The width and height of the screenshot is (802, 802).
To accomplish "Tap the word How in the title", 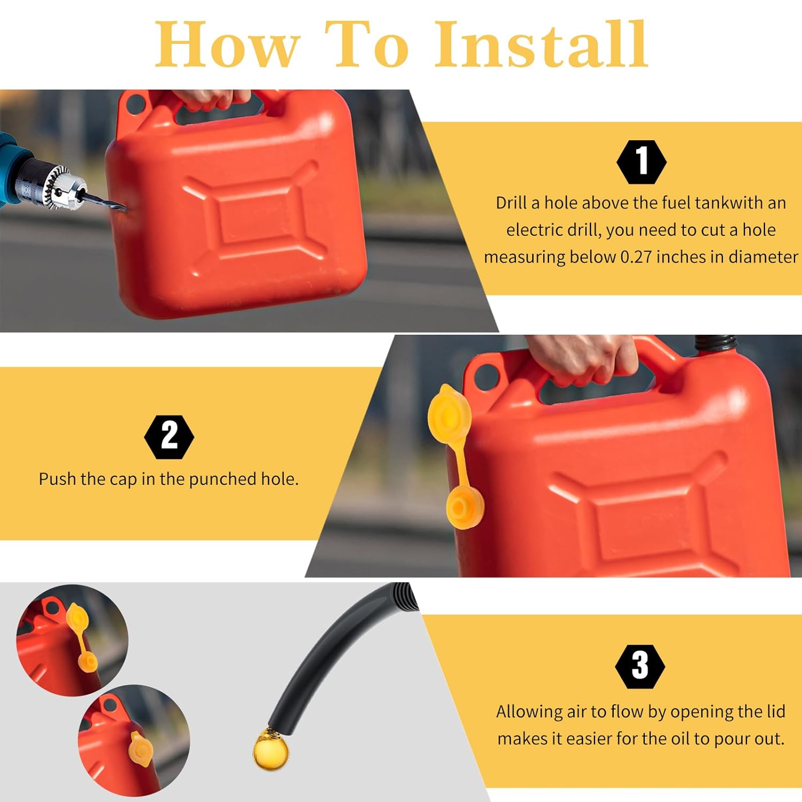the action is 227,45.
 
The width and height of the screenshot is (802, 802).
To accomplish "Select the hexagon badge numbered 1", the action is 641,162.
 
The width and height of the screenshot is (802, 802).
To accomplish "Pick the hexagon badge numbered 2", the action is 169,436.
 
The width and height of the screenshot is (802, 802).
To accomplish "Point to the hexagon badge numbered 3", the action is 640,666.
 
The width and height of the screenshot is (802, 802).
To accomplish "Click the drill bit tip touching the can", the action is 124,207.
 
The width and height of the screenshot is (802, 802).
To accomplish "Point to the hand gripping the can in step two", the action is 583,358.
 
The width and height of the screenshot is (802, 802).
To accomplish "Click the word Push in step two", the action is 58,479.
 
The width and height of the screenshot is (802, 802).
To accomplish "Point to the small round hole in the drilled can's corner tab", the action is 136,102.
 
